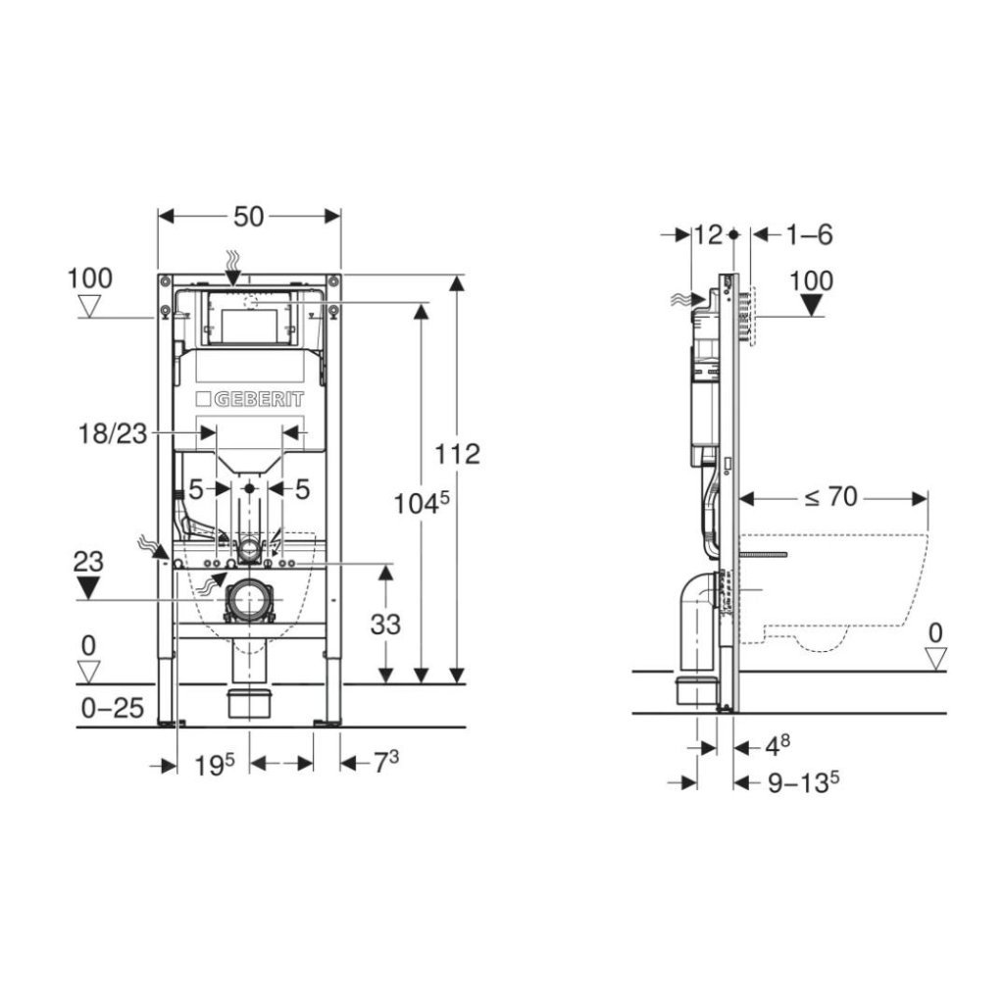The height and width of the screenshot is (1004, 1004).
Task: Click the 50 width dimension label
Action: click(248, 217)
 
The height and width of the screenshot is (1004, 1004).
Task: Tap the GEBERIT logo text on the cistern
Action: click(258, 400)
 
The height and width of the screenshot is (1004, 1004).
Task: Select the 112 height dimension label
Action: click(457, 454)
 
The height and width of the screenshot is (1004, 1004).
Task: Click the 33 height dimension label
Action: click(385, 625)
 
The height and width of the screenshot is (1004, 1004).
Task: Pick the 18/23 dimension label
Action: click(113, 434)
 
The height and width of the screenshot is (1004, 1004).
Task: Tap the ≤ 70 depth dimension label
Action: click(830, 496)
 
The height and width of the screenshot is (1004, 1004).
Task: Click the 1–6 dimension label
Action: click(809, 235)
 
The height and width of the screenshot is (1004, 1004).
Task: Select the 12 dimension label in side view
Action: click(708, 235)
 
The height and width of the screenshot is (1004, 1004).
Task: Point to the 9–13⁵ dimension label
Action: click(803, 781)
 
